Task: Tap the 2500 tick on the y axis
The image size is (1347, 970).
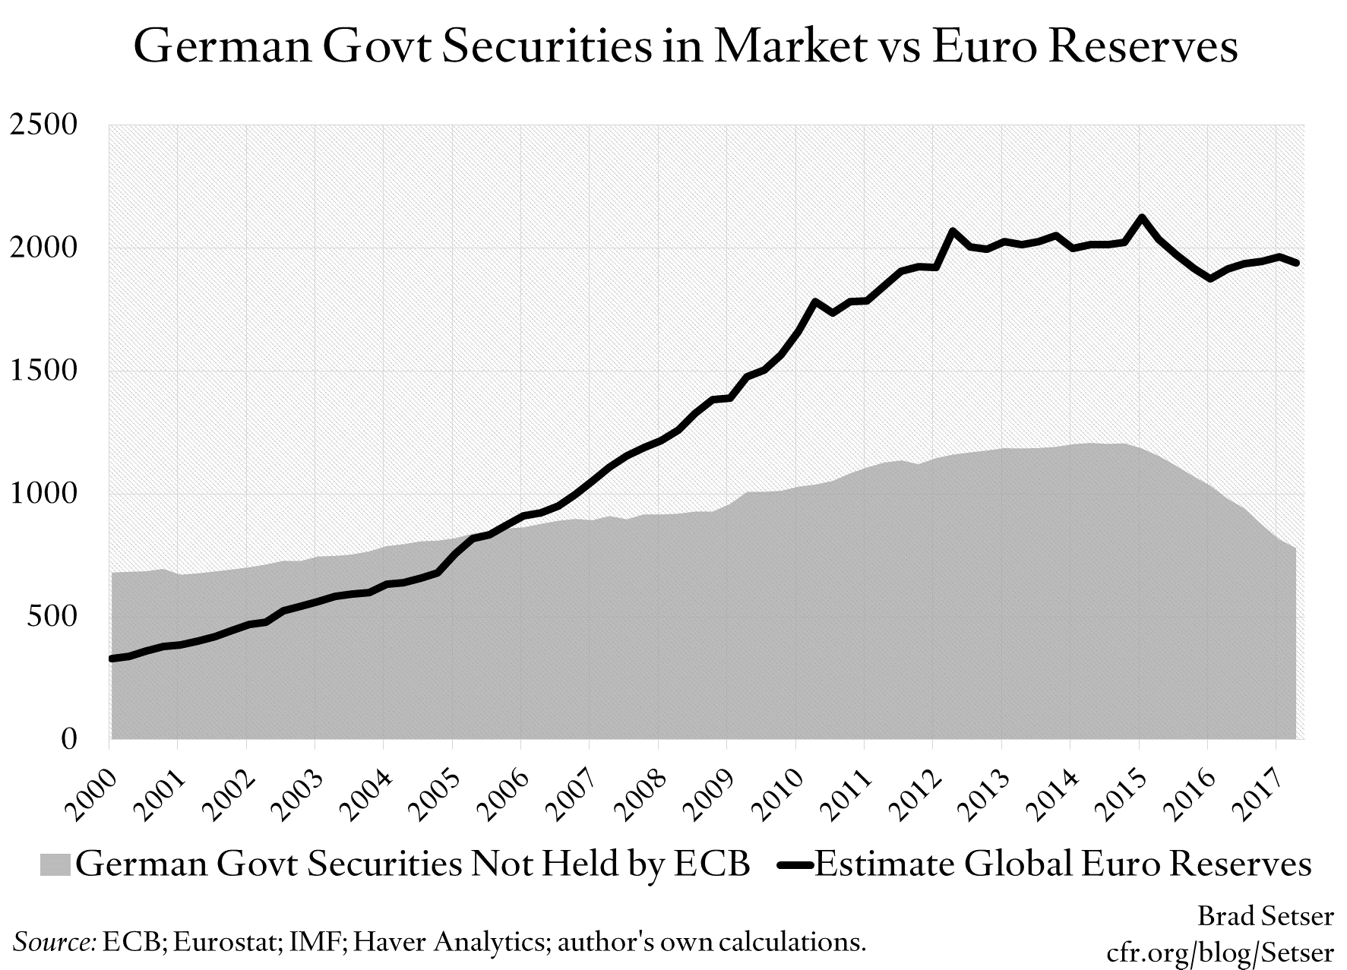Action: [44, 125]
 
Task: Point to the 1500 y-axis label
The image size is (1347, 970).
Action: [44, 371]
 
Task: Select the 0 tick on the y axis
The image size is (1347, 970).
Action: [69, 738]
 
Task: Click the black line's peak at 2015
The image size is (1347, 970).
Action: [1140, 218]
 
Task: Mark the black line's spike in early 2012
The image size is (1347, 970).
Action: [953, 231]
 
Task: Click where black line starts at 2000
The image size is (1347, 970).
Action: [112, 659]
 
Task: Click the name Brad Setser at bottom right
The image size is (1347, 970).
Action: [1265, 918]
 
